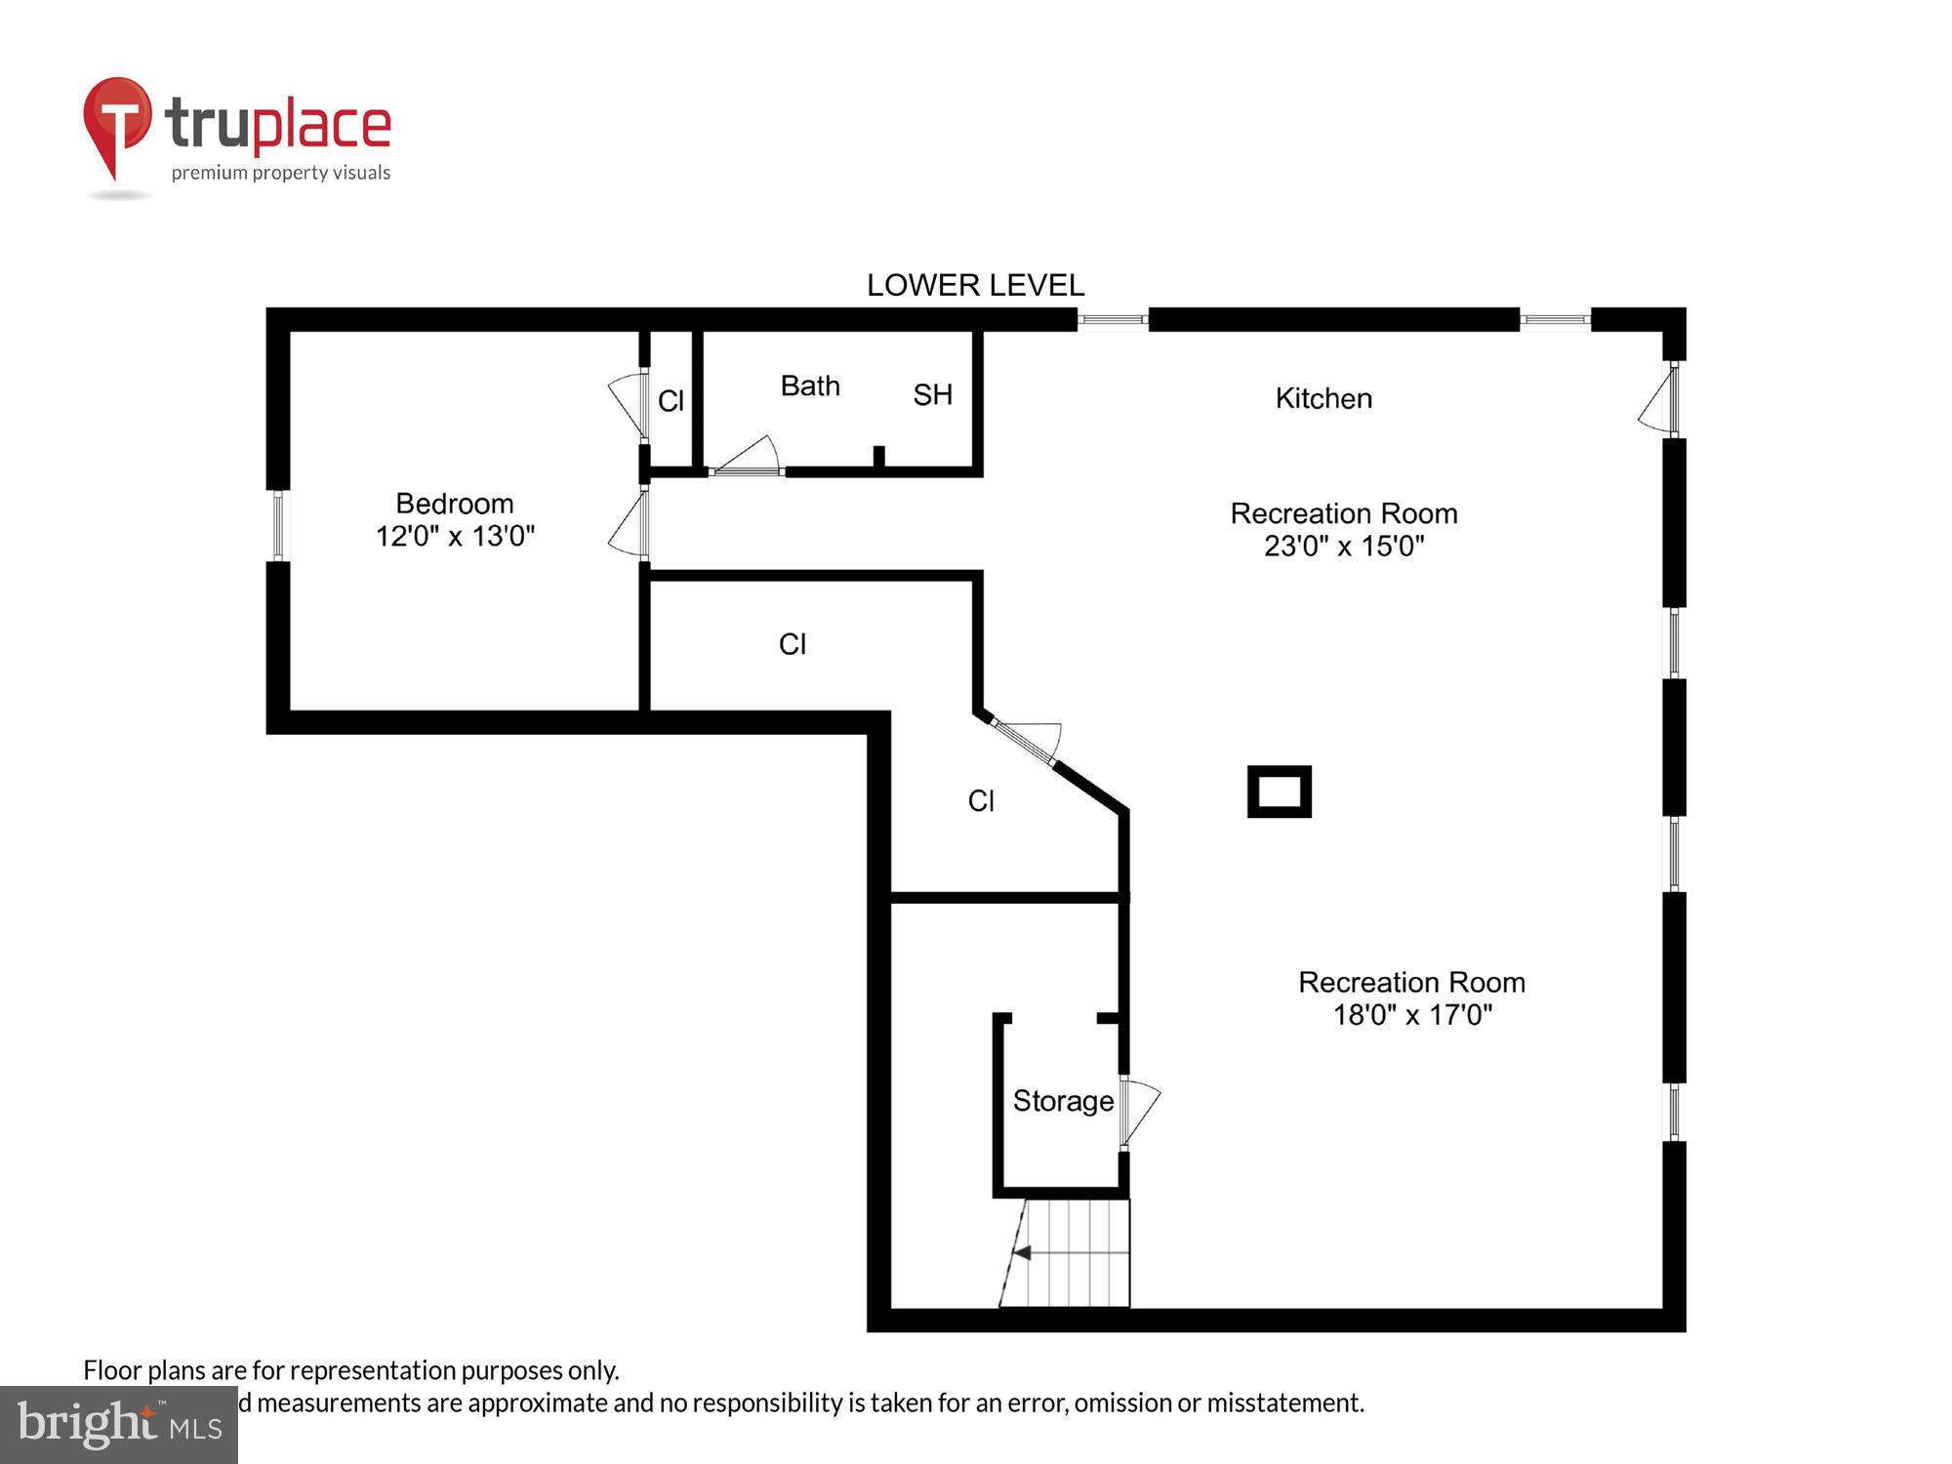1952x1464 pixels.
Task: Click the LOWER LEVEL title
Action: pos(975,285)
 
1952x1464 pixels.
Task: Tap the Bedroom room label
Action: pos(455,504)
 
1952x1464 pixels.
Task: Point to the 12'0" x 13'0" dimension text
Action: pos(455,536)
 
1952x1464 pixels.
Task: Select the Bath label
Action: pos(810,386)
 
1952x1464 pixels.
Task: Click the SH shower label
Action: pos(932,394)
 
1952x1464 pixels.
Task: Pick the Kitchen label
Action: pos(1323,398)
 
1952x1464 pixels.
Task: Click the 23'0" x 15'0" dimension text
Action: pos(1344,546)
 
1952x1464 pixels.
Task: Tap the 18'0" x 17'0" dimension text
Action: pos(1412,1015)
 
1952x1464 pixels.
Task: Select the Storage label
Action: pos(1063,1101)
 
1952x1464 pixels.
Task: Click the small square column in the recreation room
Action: pos(1279,792)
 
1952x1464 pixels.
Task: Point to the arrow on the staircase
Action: pos(1023,1252)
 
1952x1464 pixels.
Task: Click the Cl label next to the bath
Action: pos(671,401)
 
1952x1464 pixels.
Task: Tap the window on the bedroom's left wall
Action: pos(278,525)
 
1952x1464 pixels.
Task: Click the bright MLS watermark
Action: pos(119,1426)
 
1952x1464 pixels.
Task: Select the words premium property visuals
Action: pos(281,173)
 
